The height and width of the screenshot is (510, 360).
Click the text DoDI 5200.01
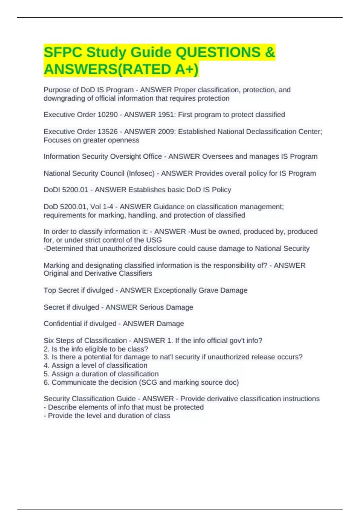(66, 190)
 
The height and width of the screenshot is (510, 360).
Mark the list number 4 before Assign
(46, 365)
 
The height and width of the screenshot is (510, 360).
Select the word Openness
(124, 140)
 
